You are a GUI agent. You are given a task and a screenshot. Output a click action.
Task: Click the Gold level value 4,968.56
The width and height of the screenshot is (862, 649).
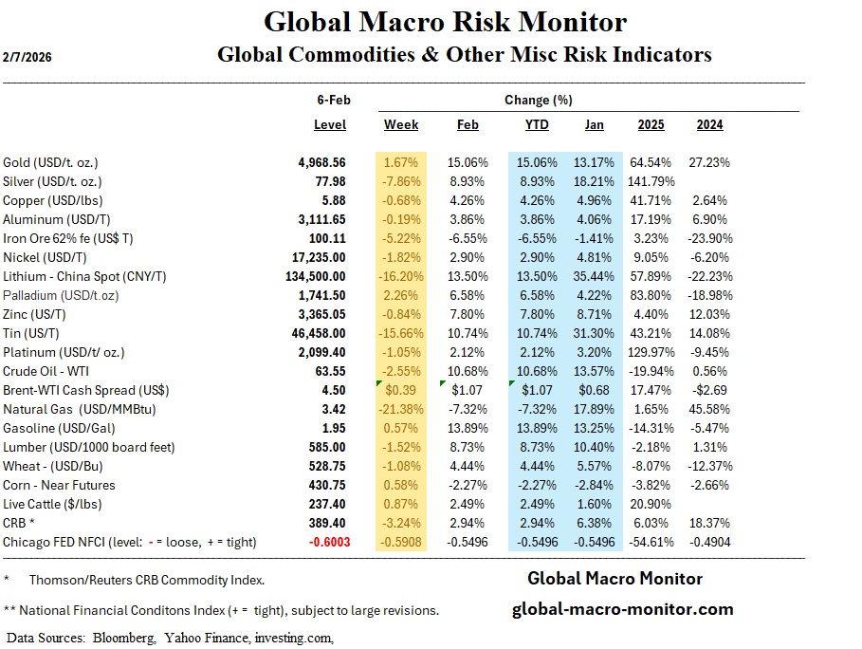[x=321, y=162]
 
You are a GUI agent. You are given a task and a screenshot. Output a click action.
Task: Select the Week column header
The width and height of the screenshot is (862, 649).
[x=401, y=125]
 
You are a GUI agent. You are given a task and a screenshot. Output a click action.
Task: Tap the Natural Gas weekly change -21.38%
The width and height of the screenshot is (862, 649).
[x=401, y=409]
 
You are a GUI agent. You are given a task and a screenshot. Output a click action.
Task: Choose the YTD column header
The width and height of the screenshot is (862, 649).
[x=536, y=125]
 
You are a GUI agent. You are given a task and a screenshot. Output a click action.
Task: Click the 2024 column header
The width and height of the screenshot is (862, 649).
[x=709, y=125]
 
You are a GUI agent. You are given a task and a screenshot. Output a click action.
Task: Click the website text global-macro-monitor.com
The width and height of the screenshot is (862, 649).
[x=622, y=610]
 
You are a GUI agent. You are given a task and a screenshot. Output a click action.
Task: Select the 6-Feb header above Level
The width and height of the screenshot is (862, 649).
[x=332, y=101]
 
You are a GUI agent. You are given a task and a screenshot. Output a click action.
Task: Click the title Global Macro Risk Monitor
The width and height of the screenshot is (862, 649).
[x=445, y=22]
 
